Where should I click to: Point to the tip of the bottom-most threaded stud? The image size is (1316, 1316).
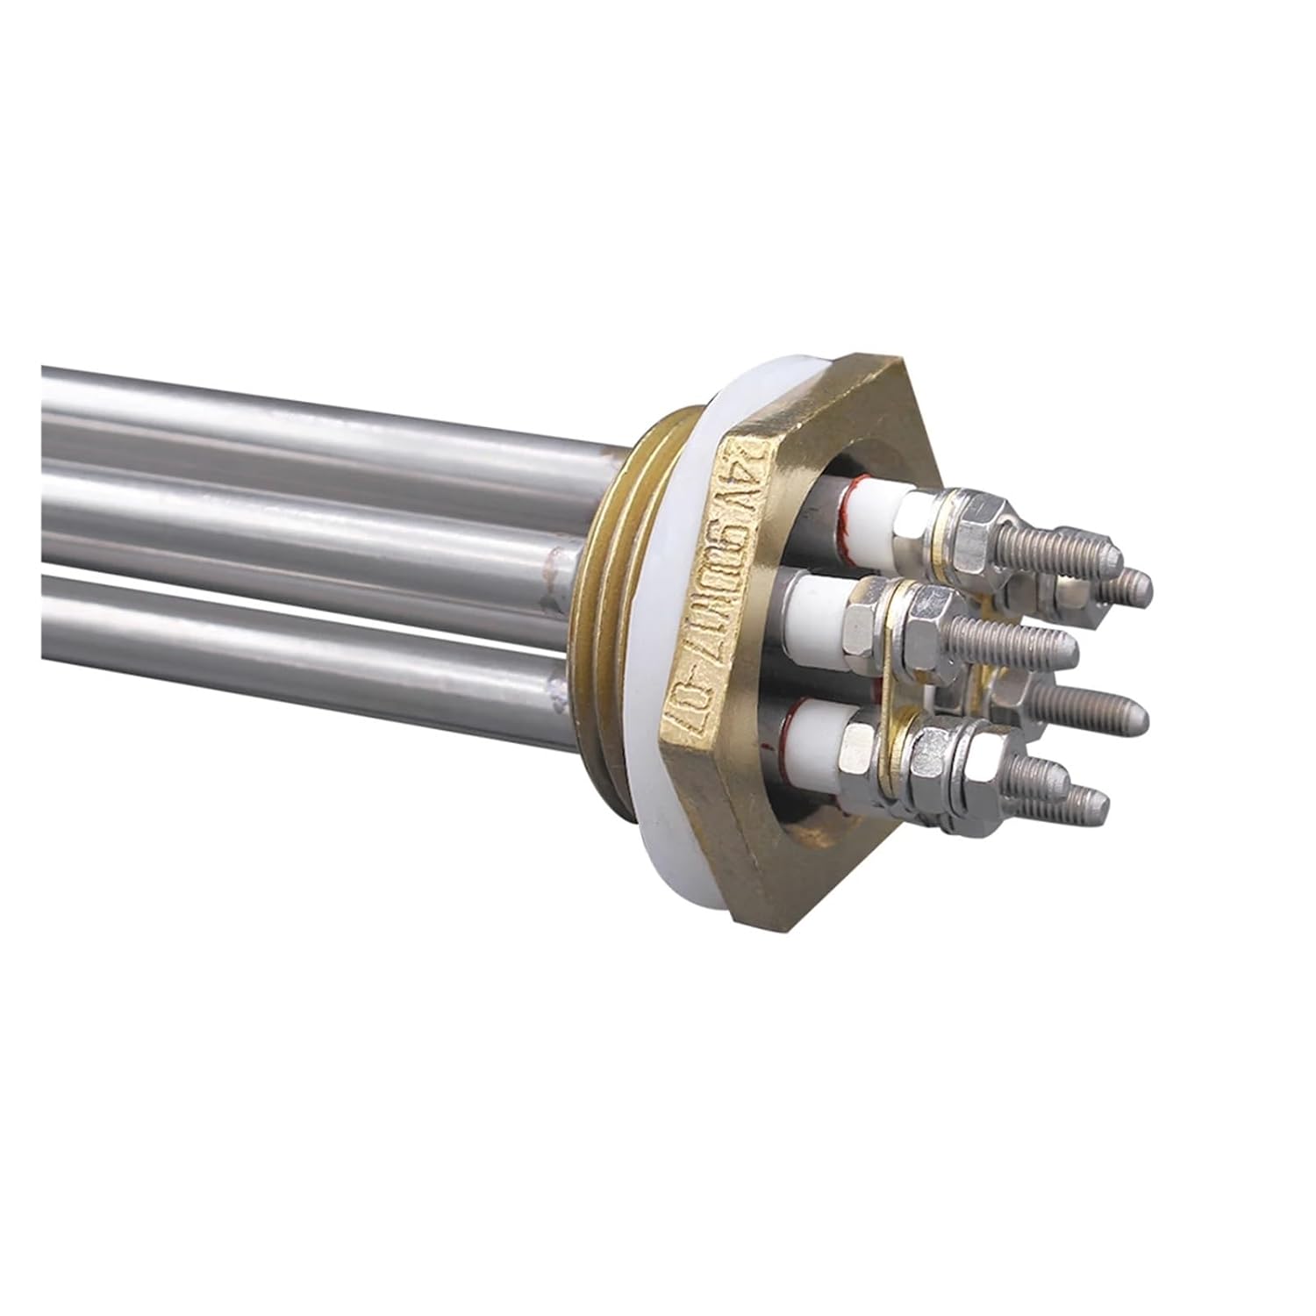click(x=1097, y=798)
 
